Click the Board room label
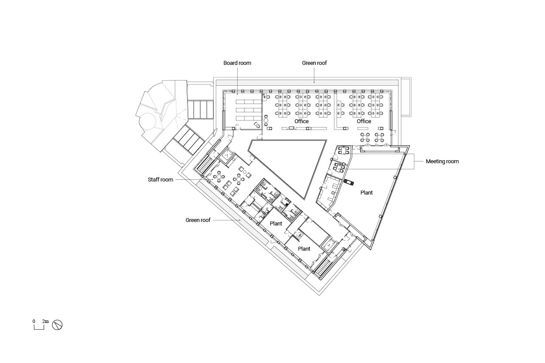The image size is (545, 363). click(x=237, y=63)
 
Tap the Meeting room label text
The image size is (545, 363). click(x=442, y=161)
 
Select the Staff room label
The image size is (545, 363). click(x=160, y=180)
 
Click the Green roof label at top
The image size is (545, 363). click(x=314, y=63)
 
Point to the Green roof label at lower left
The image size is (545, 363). click(x=198, y=220)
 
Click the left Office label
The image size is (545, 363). click(x=301, y=121)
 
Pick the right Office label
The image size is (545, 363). click(x=364, y=121)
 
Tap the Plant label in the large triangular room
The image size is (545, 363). click(x=366, y=193)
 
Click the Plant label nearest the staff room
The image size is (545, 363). click(x=276, y=224)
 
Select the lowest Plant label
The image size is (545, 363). click(x=304, y=249)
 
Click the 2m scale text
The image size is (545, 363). click(x=45, y=321)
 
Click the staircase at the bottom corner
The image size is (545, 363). click(x=323, y=268)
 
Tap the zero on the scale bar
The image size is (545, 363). click(x=34, y=321)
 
